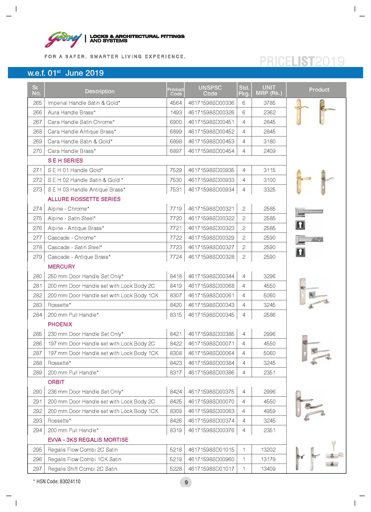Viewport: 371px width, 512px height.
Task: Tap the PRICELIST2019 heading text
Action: (x=302, y=62)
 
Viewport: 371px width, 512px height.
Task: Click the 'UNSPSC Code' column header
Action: (x=210, y=91)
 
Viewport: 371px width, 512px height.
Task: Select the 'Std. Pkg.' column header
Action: (x=244, y=91)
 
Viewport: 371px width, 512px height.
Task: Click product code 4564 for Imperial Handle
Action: (x=176, y=103)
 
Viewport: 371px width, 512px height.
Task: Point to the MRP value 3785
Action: (x=269, y=103)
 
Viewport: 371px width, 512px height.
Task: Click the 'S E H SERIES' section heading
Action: (x=65, y=161)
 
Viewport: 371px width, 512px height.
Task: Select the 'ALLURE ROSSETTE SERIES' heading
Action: (x=84, y=199)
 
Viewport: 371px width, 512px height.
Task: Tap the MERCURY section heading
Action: (x=61, y=267)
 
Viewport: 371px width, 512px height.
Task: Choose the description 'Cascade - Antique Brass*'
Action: (x=79, y=257)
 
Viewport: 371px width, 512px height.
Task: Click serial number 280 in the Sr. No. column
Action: (x=37, y=276)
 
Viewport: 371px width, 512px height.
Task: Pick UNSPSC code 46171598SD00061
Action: (x=211, y=295)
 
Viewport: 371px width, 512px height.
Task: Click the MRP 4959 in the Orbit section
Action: (x=269, y=411)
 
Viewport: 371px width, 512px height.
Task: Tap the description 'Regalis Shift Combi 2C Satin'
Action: (x=83, y=469)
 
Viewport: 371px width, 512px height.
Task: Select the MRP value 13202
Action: (x=268, y=450)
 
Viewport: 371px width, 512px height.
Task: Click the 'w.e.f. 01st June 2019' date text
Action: (x=66, y=73)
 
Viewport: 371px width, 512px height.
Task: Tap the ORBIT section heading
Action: (x=56, y=382)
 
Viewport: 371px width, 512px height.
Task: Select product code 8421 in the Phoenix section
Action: (x=176, y=334)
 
